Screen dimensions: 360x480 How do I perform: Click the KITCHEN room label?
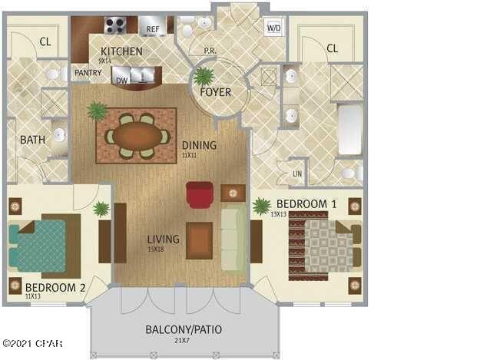(x=121, y=51)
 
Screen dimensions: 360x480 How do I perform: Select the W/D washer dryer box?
(x=273, y=28)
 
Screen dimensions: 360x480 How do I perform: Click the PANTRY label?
(x=82, y=73)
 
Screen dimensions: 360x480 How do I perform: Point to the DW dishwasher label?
(x=121, y=79)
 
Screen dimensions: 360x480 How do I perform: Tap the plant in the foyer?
(x=204, y=77)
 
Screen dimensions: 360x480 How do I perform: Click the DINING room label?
(x=199, y=145)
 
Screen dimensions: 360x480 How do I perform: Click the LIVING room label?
(x=163, y=239)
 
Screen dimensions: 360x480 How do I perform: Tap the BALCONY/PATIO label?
(x=184, y=330)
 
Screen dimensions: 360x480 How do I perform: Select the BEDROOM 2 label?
(x=55, y=288)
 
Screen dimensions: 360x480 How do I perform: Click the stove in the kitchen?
(x=115, y=25)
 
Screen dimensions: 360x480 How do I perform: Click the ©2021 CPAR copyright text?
(x=32, y=344)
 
